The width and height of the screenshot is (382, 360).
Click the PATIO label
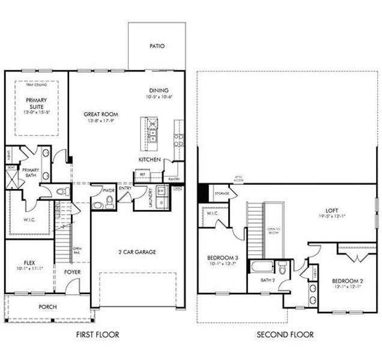click(x=157, y=46)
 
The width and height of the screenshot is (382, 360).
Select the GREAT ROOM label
click(x=101, y=114)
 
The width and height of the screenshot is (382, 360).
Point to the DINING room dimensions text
click(x=159, y=97)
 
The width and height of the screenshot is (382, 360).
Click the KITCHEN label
click(x=149, y=160)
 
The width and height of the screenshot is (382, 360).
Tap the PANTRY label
click(x=174, y=179)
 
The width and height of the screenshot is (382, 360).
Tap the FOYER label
click(x=73, y=272)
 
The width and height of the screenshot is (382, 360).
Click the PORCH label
click(x=47, y=307)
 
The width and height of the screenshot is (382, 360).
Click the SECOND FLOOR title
click(x=285, y=334)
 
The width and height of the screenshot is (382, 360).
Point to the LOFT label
click(x=332, y=211)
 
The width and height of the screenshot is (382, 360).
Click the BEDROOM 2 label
click(x=348, y=281)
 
